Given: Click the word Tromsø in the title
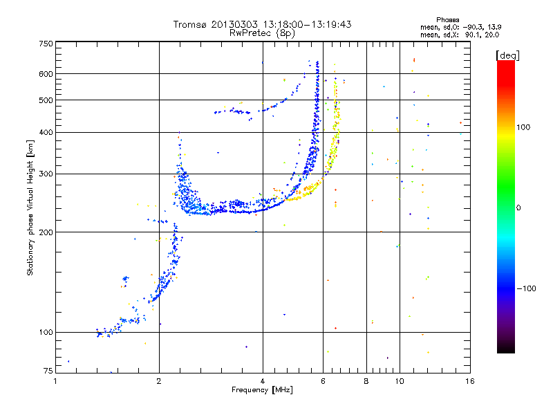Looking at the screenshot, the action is pos(189,24).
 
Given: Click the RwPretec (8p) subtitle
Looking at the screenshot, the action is pos(262,33).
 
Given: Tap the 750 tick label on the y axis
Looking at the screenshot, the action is pos(46,44).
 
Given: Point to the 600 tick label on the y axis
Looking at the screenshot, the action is pos(46,74).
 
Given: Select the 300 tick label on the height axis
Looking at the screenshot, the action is pos(46,174).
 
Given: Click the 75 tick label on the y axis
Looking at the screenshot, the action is pos(48,371).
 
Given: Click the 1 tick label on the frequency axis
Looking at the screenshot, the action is pos(55,381).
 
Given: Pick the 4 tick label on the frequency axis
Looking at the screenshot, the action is pos(263,381).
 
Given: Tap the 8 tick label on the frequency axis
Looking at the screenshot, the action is pos(366,381).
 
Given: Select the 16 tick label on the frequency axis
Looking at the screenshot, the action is pos(470,381).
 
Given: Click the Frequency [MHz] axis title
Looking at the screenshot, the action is pos(262,390).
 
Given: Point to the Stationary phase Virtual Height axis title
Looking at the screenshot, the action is pos(30,207).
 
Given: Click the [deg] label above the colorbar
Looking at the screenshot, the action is pos(507,55).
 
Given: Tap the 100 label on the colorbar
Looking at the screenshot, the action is pos(523,127).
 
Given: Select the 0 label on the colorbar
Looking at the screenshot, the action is pos(518,208).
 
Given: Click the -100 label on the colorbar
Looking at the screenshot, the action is pos(527,288).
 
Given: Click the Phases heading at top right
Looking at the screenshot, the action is pos(447,20).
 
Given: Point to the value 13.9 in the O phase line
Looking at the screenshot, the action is pos(494,27).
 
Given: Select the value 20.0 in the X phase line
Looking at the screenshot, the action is pos(491,35).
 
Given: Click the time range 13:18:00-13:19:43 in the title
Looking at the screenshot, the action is pos(307,24).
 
